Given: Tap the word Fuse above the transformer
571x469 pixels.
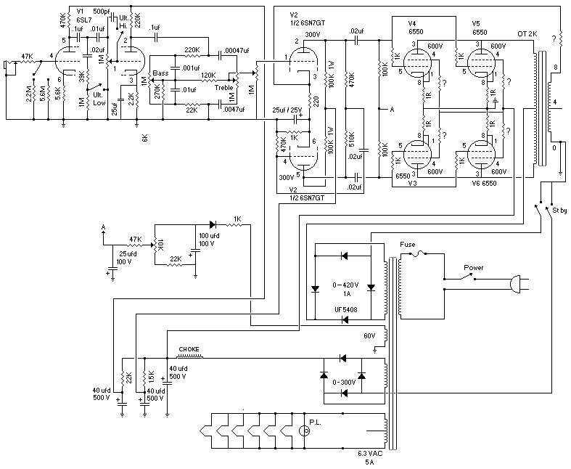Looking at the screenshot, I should pyautogui.click(x=407, y=245).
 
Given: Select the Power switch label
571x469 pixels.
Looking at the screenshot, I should pyautogui.click(x=475, y=267).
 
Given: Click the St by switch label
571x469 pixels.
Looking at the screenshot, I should pyautogui.click(x=558, y=210).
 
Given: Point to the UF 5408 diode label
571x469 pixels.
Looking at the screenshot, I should pyautogui.click(x=345, y=309).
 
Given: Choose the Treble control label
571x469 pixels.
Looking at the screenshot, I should pyautogui.click(x=223, y=87).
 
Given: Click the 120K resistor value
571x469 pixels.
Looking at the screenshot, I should pyautogui.click(x=209, y=75).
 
